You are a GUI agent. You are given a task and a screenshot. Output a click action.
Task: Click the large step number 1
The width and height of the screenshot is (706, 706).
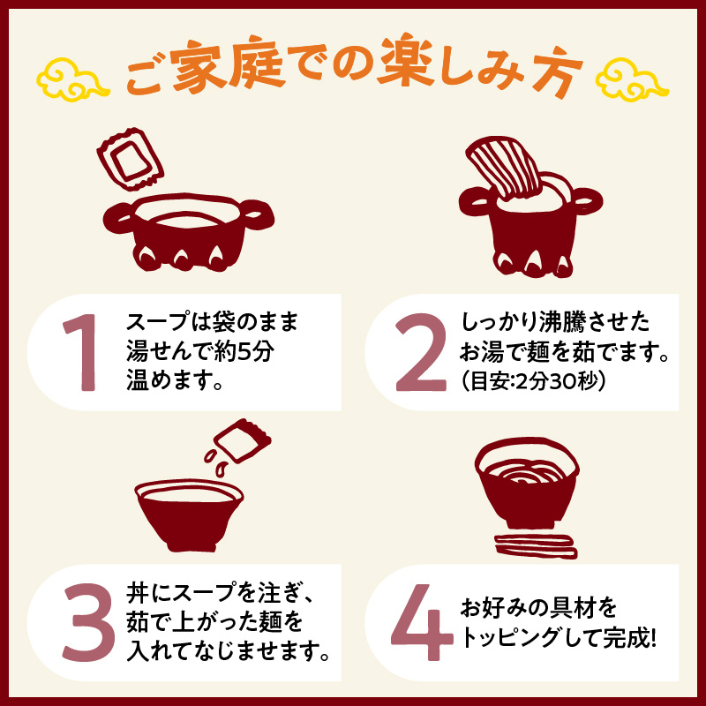82,352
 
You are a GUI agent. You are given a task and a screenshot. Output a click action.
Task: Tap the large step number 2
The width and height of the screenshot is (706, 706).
421,352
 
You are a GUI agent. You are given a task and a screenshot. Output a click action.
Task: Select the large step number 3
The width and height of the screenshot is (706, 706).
89,622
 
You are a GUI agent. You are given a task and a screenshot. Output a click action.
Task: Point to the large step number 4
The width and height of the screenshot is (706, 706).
422,622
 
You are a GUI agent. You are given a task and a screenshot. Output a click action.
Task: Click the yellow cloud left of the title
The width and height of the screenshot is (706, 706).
72,79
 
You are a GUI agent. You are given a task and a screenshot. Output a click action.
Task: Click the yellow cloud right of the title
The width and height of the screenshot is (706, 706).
632,79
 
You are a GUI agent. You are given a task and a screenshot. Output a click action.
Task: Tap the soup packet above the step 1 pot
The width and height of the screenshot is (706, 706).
130,159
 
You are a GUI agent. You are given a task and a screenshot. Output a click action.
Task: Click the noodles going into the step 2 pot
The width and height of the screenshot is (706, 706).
504,168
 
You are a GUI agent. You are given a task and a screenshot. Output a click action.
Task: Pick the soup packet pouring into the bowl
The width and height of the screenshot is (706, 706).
242,440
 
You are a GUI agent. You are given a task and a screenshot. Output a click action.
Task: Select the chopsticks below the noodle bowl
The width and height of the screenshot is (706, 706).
536,546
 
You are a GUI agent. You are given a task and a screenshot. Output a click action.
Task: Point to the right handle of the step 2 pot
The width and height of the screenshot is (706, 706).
587,201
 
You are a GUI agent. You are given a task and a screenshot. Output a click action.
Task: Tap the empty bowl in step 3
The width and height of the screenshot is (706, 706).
189,514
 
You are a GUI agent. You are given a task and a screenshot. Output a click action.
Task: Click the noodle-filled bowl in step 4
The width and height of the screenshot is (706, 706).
527,483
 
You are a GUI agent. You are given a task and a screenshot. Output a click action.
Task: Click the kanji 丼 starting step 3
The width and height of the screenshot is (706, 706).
138,593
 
